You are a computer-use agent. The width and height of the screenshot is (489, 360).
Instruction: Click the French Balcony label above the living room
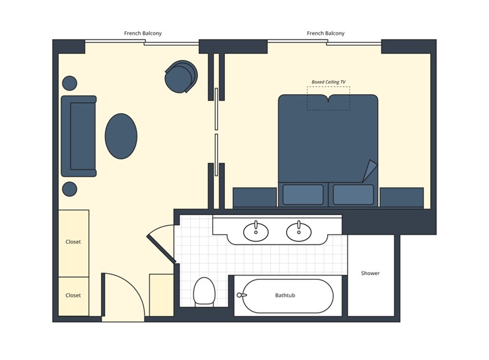click(143, 33)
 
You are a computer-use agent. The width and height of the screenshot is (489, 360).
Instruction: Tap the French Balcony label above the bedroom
click(326, 33)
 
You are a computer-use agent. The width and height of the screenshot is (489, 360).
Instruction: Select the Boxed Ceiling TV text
click(328, 82)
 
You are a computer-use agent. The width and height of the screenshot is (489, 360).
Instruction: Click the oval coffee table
click(121, 136)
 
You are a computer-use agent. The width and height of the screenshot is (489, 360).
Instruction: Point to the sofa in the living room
click(79, 136)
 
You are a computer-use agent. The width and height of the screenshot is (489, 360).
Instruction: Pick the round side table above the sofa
click(70, 83)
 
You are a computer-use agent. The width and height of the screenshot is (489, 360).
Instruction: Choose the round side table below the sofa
click(70, 189)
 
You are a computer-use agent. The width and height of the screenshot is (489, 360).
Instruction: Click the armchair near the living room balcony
click(181, 76)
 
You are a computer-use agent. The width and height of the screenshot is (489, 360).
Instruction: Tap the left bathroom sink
click(256, 232)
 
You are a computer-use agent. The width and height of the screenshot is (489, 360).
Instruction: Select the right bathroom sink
click(299, 232)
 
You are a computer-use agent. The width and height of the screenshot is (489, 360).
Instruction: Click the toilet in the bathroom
click(204, 292)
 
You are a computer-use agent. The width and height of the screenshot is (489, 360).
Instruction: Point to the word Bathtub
click(285, 295)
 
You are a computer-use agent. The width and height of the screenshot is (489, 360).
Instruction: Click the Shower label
click(370, 273)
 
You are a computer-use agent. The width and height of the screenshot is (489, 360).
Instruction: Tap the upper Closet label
click(73, 242)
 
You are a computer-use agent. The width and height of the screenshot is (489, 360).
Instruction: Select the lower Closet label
click(73, 295)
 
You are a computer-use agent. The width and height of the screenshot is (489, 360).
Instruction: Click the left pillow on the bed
click(303, 194)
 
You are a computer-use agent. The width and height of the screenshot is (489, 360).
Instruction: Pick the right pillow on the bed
click(353, 194)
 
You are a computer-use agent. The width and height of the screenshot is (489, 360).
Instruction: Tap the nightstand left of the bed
click(255, 197)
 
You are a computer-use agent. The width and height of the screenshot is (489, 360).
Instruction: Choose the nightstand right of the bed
click(402, 197)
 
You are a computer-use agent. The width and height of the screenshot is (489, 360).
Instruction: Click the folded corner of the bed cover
click(370, 171)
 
